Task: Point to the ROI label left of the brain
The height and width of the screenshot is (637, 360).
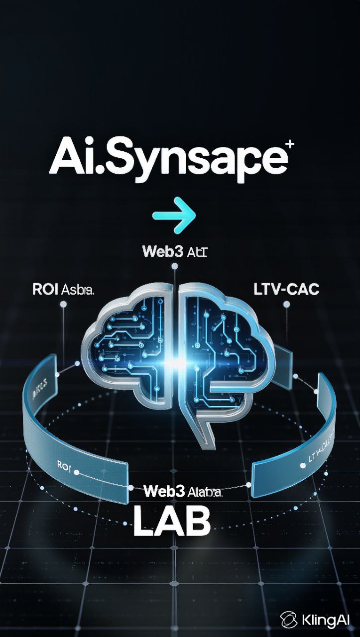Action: pyautogui.click(x=64, y=290)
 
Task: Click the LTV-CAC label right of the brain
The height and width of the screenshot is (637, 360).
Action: pyautogui.click(x=286, y=289)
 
